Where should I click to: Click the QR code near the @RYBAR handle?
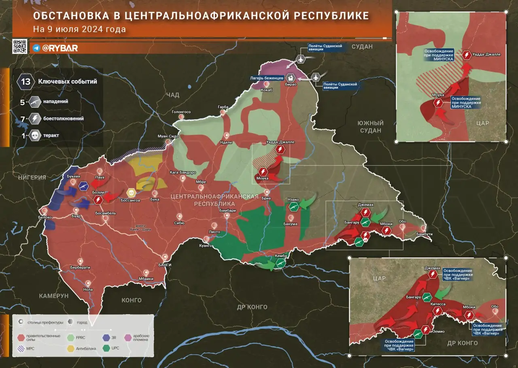click(19, 47)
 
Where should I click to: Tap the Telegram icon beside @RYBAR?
click(36, 48)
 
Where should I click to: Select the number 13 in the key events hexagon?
click(25, 82)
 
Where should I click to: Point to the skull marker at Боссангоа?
click(131, 192)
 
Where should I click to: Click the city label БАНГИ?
click(165, 264)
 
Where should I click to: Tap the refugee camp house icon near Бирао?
click(291, 78)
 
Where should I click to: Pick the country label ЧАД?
click(172, 94)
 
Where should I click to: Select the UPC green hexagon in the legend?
click(106, 348)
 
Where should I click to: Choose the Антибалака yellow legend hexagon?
click(70, 348)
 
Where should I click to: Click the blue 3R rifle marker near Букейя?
click(84, 186)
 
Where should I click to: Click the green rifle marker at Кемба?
click(279, 263)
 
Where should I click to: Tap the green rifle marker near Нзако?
click(294, 207)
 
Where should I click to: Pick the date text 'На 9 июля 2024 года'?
click(79, 30)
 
